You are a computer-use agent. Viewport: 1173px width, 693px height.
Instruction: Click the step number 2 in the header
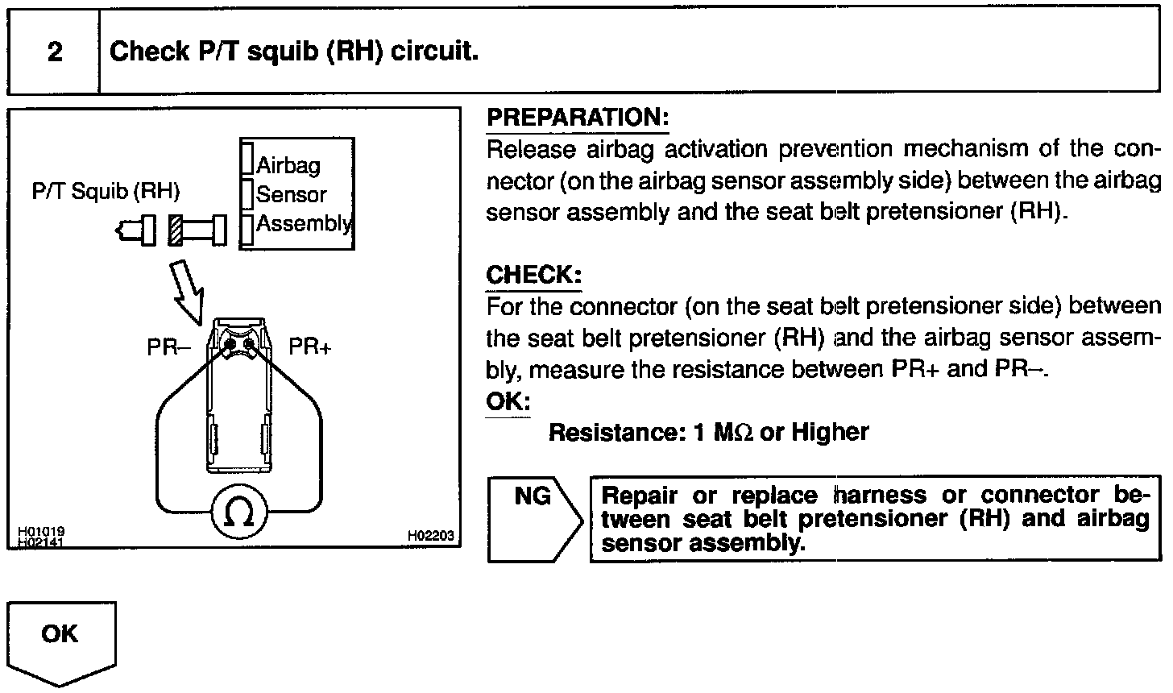(x=55, y=52)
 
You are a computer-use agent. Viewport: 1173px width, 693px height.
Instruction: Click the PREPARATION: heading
(x=578, y=118)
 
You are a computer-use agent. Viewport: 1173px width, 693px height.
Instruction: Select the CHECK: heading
(x=533, y=275)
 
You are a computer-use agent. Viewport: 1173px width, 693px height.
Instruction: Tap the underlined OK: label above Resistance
(x=508, y=400)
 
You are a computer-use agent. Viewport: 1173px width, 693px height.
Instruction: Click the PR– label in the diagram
(x=168, y=347)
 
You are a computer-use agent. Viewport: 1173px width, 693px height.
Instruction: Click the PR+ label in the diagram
(x=310, y=347)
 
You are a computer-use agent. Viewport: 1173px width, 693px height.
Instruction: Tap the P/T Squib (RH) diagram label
(x=106, y=192)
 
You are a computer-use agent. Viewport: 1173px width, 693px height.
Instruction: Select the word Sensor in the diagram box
(x=291, y=194)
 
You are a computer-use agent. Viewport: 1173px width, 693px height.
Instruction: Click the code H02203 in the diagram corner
(x=430, y=535)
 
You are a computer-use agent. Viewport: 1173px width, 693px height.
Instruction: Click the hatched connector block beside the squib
(x=177, y=230)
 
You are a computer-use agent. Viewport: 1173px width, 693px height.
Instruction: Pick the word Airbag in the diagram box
(x=288, y=165)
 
